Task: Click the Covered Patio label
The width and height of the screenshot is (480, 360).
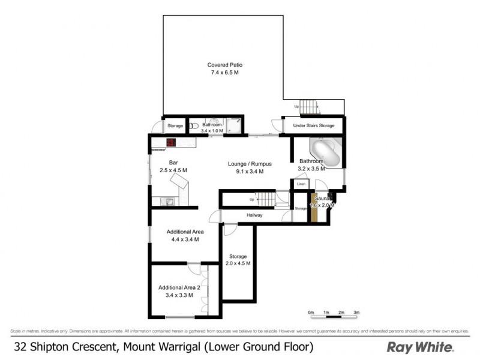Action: [225, 65]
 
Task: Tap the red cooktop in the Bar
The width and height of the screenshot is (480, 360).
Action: [171, 143]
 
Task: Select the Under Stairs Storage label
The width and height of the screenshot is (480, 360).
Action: [312, 126]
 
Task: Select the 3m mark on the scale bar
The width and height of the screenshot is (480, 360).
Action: [356, 313]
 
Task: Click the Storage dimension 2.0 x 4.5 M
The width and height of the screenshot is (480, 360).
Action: [238, 263]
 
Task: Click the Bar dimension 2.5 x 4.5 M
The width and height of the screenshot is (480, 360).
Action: [174, 170]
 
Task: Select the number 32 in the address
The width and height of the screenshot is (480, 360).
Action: [20, 347]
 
